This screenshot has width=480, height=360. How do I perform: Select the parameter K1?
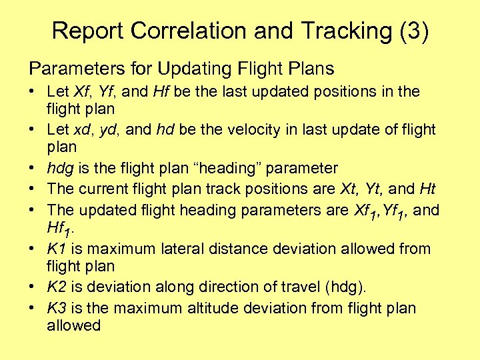pyautogui.click(x=56, y=249)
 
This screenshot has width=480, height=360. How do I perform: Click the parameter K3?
pyautogui.click(x=56, y=308)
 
